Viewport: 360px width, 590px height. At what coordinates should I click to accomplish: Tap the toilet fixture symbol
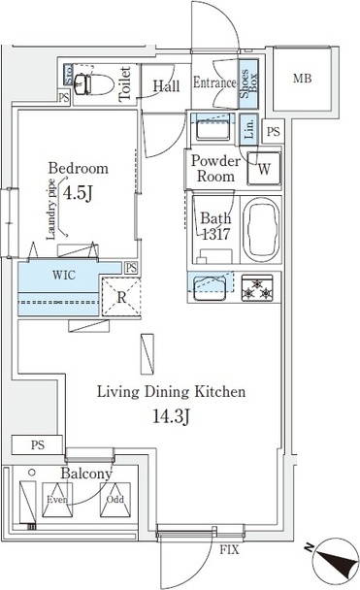[91, 83]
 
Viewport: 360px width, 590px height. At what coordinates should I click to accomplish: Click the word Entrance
[214, 83]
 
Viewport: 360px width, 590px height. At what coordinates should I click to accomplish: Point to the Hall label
[166, 86]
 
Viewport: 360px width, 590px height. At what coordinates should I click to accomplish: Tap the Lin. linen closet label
[248, 130]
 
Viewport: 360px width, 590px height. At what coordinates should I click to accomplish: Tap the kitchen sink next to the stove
[210, 287]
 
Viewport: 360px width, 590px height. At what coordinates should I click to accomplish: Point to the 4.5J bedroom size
[78, 193]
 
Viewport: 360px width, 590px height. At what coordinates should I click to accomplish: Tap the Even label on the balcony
[57, 501]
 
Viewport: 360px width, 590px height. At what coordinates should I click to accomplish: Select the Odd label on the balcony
[114, 501]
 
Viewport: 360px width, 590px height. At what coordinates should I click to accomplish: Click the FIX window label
[229, 550]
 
